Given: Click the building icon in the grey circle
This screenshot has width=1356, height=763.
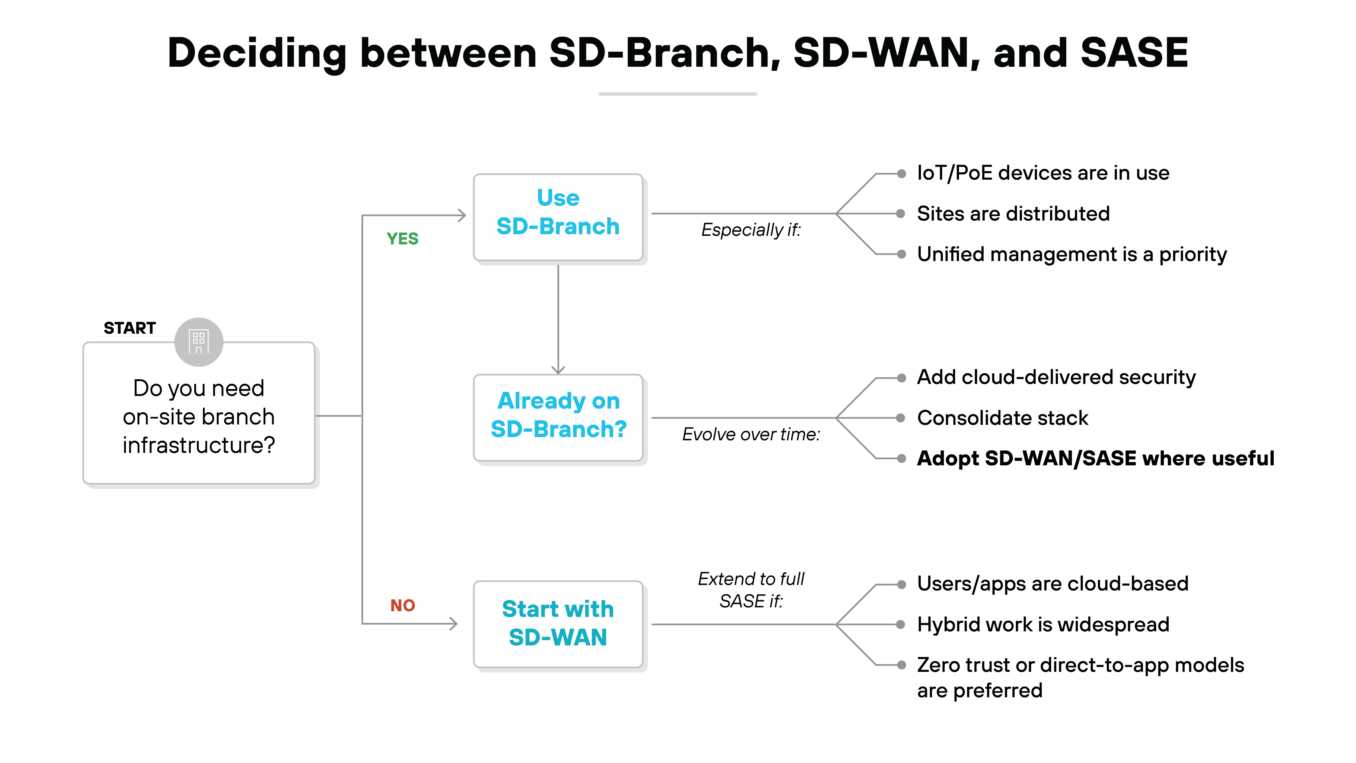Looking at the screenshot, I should (199, 342).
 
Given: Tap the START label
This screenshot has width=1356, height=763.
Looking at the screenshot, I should (129, 328).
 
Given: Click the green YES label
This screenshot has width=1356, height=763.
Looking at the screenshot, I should (402, 239).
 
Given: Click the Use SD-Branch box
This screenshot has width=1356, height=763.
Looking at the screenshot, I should (558, 217).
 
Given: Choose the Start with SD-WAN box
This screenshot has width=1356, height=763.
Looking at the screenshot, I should (558, 624).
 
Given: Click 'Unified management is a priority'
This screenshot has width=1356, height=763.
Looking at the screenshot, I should (1072, 254).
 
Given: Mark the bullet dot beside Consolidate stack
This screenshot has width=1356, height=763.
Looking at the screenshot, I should (901, 418).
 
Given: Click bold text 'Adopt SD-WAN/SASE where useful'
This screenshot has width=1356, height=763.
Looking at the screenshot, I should (1095, 459).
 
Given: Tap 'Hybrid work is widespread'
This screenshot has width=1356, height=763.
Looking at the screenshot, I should (1043, 625).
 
